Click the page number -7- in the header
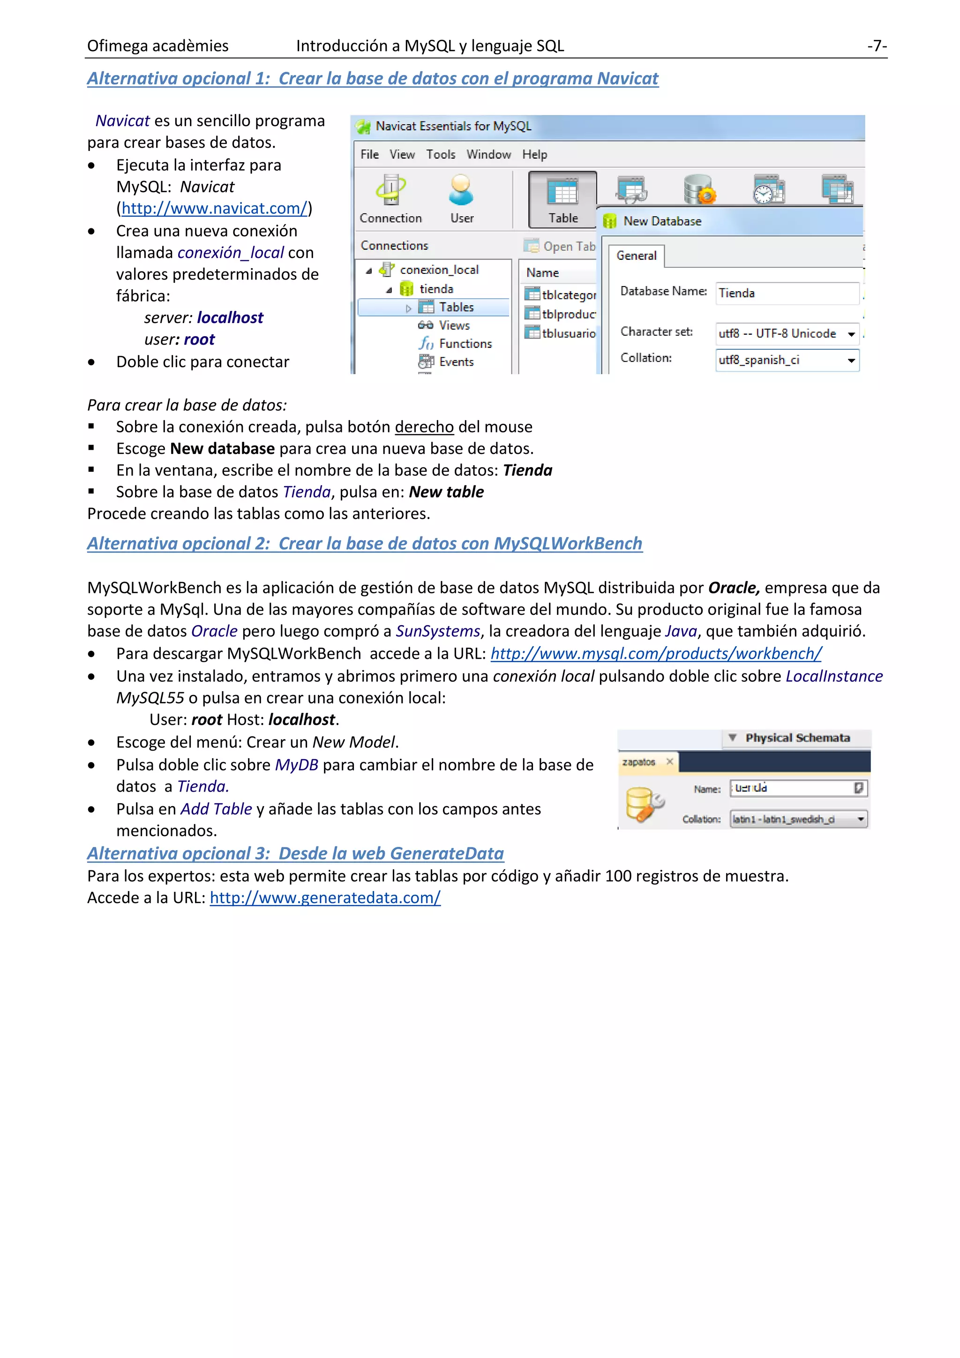click(877, 46)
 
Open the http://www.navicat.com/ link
click(215, 208)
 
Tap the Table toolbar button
click(563, 199)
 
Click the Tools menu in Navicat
click(441, 154)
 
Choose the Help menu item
click(534, 154)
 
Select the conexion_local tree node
click(439, 270)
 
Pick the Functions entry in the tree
click(465, 344)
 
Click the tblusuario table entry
click(568, 333)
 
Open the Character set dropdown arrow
click(851, 334)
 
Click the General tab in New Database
click(636, 256)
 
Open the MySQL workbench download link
click(656, 654)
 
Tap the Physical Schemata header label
click(797, 738)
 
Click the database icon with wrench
click(643, 804)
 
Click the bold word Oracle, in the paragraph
click(734, 588)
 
